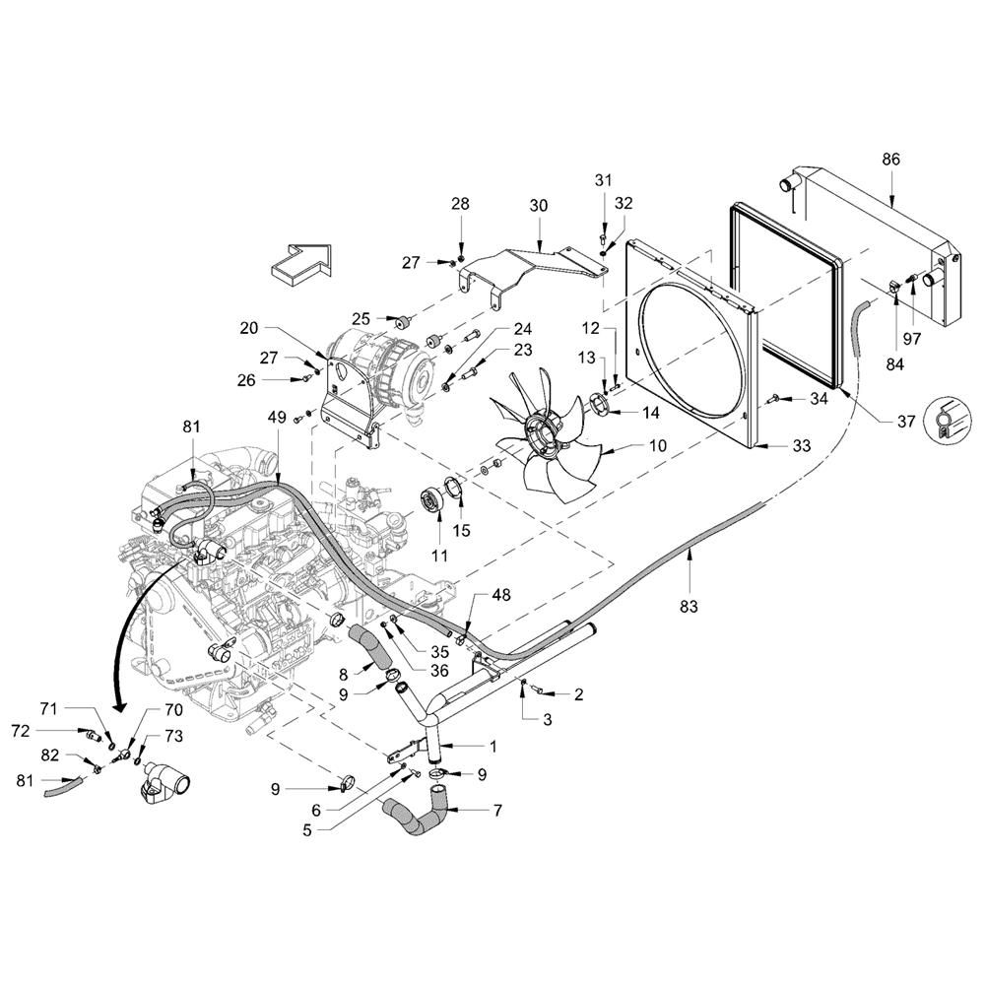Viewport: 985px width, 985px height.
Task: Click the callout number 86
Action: pyautogui.click(x=890, y=160)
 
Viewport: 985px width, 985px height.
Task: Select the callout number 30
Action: pyautogui.click(x=539, y=206)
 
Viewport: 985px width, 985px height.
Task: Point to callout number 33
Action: pyautogui.click(x=801, y=445)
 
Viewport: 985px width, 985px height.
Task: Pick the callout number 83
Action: pyautogui.click(x=689, y=606)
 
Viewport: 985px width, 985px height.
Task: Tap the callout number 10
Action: pyautogui.click(x=658, y=445)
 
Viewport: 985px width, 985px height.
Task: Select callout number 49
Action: pyautogui.click(x=277, y=417)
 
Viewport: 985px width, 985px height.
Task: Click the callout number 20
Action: pyautogui.click(x=249, y=327)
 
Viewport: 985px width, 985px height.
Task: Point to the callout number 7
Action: pyautogui.click(x=496, y=811)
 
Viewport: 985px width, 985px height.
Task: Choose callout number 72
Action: pyautogui.click(x=21, y=731)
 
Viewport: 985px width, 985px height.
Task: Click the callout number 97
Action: pyautogui.click(x=911, y=339)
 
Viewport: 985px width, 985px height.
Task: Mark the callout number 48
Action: pyautogui.click(x=500, y=594)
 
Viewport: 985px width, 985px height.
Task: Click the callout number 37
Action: pyautogui.click(x=906, y=421)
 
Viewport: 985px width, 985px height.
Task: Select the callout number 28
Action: pyautogui.click(x=460, y=204)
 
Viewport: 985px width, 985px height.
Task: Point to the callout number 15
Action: pyautogui.click(x=461, y=530)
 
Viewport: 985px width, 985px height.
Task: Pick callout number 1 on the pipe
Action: pyautogui.click(x=493, y=747)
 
